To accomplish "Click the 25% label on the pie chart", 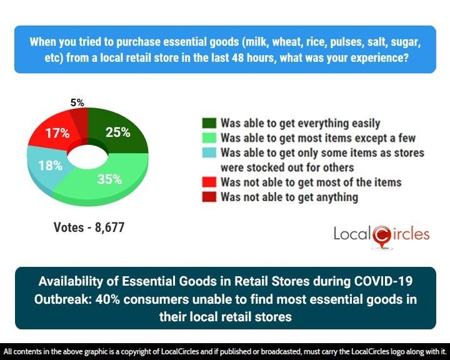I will [117, 132].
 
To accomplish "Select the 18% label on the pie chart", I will [50, 166].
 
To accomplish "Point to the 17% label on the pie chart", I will [57, 133].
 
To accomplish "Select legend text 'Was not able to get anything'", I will [289, 197].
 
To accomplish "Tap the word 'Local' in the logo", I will [351, 234].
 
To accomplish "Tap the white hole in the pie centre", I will [86, 156].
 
